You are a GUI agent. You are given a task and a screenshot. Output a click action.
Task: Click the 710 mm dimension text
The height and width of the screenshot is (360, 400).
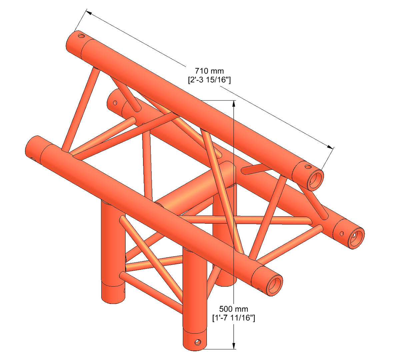click(209, 71)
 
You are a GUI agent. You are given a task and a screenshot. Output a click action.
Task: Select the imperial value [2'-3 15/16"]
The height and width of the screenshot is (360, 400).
click(209, 80)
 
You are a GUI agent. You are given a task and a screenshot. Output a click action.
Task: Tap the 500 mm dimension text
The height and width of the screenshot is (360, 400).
click(234, 309)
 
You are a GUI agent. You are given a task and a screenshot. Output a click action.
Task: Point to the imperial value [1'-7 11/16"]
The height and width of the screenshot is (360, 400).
click(234, 318)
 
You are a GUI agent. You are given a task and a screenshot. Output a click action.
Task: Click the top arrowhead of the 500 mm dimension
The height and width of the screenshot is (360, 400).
click(234, 104)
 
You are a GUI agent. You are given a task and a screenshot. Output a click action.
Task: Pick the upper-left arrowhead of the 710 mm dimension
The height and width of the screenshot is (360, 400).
click(88, 13)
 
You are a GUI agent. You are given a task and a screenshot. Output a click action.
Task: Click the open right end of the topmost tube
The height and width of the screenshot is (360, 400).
click(315, 180)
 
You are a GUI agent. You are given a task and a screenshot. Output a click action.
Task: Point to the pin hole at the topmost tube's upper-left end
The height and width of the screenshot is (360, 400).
click(81, 35)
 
